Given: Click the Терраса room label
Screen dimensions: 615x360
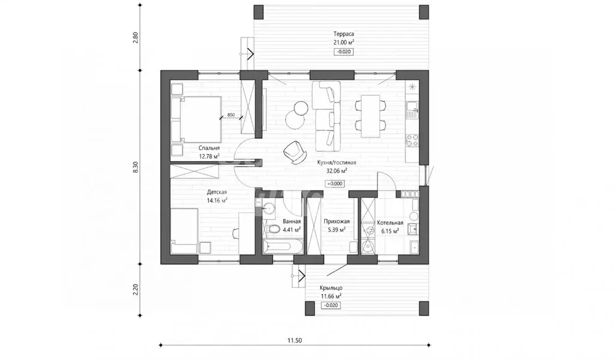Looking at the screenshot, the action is (344, 34).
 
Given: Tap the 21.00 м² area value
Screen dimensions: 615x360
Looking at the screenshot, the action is (344, 43).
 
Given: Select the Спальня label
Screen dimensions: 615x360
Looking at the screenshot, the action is (209, 148).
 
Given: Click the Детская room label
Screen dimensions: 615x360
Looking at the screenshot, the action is (217, 192).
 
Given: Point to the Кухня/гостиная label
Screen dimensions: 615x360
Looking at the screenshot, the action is (336, 162).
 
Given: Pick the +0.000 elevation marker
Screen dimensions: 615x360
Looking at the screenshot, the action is (335, 183).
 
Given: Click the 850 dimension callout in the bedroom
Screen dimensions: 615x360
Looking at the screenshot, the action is (231, 115).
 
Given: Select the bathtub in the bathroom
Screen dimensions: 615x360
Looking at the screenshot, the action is (283, 246).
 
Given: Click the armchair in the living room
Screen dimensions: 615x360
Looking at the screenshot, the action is (295, 152).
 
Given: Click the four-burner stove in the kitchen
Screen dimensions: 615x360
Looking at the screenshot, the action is (412, 141).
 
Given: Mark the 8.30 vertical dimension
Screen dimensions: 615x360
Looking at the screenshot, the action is (136, 167).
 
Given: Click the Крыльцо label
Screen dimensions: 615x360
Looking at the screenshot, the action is (331, 288).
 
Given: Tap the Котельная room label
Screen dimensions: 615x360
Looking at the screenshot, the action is (390, 223).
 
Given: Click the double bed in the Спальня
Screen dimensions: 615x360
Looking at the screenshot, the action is (196, 120).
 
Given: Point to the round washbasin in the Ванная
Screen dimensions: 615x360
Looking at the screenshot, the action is (270, 208).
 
